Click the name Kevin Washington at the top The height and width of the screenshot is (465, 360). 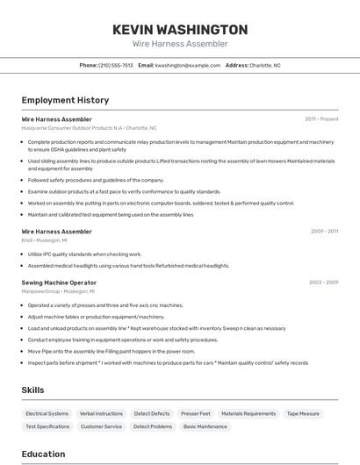coord(180,30)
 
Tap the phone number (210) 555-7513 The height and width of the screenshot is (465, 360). coord(116,65)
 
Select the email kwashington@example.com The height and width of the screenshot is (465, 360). coord(188,65)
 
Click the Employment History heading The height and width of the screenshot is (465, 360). coord(65,100)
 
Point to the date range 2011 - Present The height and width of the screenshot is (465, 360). coord(321,118)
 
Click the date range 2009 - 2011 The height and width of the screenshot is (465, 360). coord(324,232)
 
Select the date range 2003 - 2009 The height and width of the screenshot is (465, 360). coord(323,283)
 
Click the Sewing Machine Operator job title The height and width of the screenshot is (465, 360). coord(59,283)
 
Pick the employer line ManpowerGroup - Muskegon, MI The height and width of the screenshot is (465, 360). coord(58,290)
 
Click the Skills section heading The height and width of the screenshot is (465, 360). coord(33,390)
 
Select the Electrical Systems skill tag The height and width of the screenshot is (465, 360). coord(47,413)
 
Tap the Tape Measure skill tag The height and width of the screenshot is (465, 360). coord(304,413)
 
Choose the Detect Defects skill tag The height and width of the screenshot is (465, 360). coord(152,413)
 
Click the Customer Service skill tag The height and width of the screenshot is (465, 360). coord(101,426)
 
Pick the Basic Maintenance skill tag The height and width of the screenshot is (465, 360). coord(205,426)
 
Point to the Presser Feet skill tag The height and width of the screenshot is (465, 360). coord(196,413)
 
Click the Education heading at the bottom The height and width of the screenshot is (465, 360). coord(43,454)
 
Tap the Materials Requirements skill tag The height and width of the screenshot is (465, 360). coord(248,413)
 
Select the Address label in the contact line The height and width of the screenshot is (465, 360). coord(237,65)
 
